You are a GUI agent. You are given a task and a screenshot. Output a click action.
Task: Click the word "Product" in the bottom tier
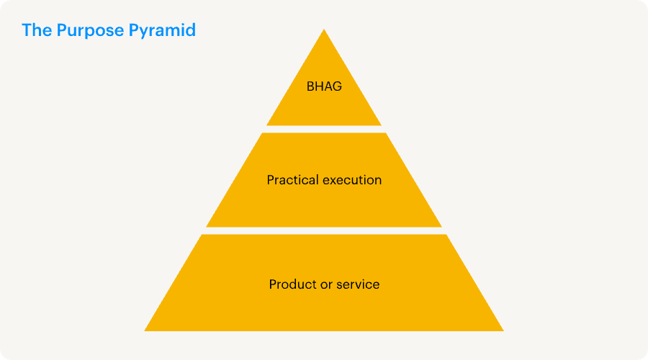292,284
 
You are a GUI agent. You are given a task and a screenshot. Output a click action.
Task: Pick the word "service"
359,284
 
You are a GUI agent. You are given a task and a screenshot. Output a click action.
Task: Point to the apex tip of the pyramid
324,30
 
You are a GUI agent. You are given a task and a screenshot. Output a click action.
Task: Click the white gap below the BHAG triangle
324,129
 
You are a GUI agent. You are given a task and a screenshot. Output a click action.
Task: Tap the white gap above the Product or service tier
324,230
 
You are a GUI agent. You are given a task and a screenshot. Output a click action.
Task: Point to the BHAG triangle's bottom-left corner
268,125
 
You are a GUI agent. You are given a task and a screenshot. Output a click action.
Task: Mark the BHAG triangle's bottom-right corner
380,125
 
